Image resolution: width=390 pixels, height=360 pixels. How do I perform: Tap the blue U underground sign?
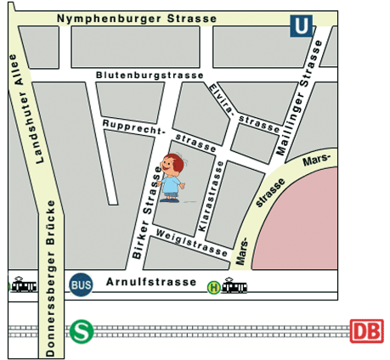pyautogui.click(x=300, y=27)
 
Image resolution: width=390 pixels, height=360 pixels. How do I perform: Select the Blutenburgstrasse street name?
pyautogui.click(x=150, y=76)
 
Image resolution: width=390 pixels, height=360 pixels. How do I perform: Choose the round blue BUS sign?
pyautogui.click(x=82, y=284)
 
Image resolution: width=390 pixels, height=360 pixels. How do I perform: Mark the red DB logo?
pyautogui.click(x=366, y=329)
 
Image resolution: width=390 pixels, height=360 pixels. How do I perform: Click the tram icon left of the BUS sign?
pyautogui.click(x=23, y=285)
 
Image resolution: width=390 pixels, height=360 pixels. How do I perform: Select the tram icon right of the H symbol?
pyautogui.click(x=235, y=287)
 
